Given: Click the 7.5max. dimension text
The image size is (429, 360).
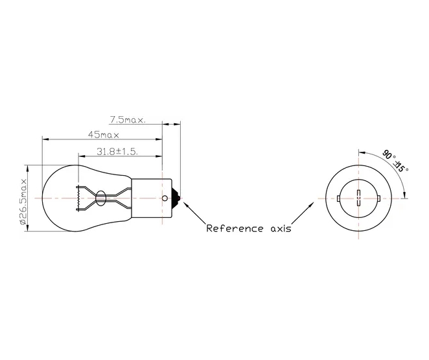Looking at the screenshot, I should [x=126, y=119].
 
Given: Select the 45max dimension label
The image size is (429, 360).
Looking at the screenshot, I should [x=104, y=135].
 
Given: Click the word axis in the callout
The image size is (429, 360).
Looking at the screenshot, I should [x=279, y=228].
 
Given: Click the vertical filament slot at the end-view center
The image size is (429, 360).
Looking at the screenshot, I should [x=358, y=198].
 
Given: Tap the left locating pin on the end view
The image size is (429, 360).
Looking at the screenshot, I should [x=338, y=198].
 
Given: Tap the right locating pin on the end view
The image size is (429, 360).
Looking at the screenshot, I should [x=378, y=198].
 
